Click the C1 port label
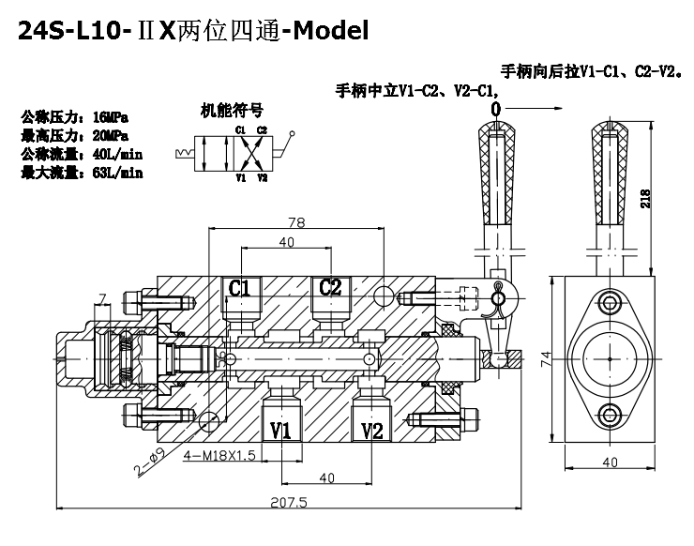[x=240, y=287]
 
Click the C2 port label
[x=330, y=287]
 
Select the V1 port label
[x=279, y=430]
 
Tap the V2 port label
[x=372, y=430]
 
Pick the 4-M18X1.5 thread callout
[x=219, y=456]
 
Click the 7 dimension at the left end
[x=103, y=297]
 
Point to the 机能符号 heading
[x=231, y=110]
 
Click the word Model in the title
[x=327, y=30]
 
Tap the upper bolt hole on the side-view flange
[x=611, y=302]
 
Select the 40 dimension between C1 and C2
[x=286, y=243]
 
